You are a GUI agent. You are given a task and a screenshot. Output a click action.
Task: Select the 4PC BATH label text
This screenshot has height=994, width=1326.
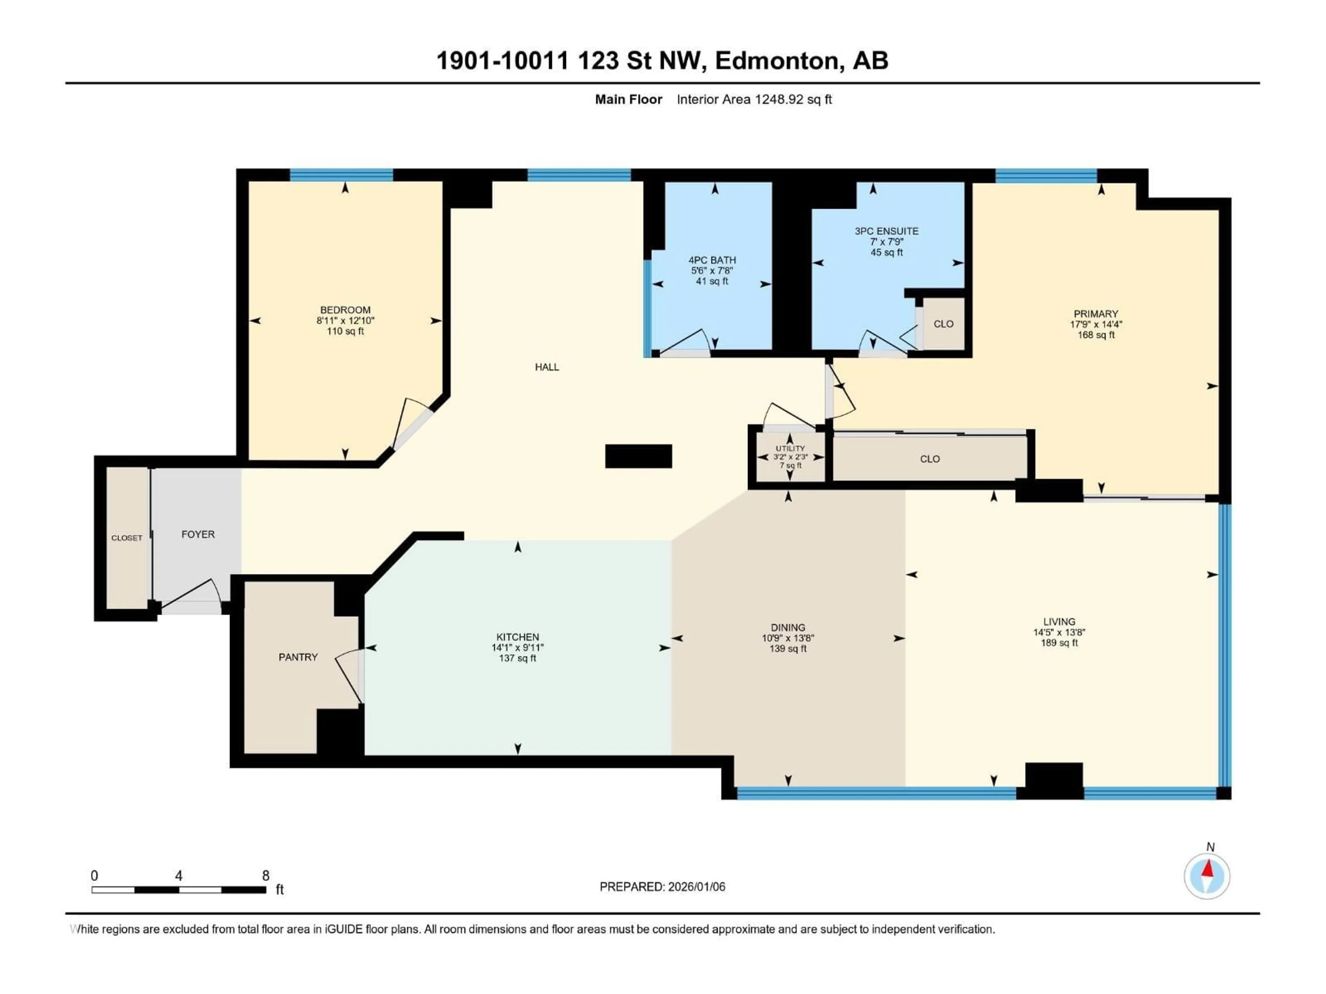click(712, 260)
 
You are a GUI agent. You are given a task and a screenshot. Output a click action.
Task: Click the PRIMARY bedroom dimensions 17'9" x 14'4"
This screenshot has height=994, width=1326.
click(1096, 324)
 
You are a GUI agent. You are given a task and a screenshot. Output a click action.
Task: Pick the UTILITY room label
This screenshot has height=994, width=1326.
click(790, 448)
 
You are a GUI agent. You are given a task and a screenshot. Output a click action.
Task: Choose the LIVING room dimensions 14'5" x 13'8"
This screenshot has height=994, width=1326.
click(1059, 632)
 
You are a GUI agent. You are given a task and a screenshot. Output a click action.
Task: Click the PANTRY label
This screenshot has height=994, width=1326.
click(298, 657)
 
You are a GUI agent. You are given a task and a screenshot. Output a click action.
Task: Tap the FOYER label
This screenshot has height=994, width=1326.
click(198, 534)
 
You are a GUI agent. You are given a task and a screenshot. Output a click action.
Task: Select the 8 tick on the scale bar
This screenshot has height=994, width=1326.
click(266, 875)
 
